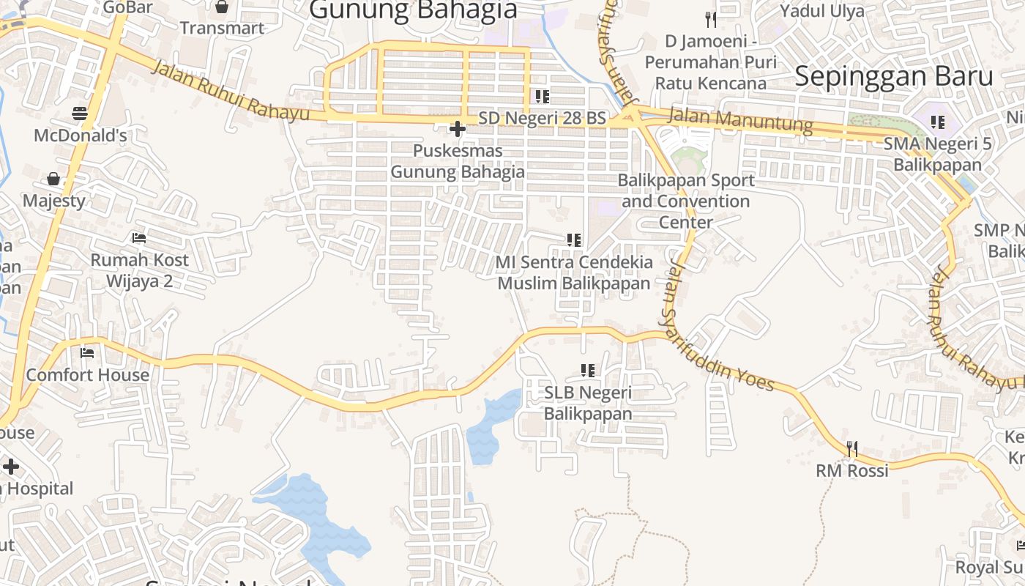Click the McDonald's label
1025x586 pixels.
81,136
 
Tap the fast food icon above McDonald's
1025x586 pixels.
81,114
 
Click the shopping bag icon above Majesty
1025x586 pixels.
53,179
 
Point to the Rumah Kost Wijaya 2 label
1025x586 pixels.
139,270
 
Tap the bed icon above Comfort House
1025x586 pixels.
87,353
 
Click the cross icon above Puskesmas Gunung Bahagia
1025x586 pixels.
458,130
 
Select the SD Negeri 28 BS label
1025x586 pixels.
543,118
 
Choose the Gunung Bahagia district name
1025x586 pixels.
413,10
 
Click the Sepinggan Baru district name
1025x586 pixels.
894,76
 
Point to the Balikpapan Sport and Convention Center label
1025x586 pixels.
687,201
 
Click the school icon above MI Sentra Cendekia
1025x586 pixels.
574,240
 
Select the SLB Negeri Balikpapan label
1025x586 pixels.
587,403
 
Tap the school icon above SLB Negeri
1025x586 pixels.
587,371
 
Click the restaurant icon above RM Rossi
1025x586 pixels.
852,448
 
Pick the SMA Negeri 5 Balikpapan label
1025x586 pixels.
937,154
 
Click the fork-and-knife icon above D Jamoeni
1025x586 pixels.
710,19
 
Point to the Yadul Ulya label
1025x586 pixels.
821,11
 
